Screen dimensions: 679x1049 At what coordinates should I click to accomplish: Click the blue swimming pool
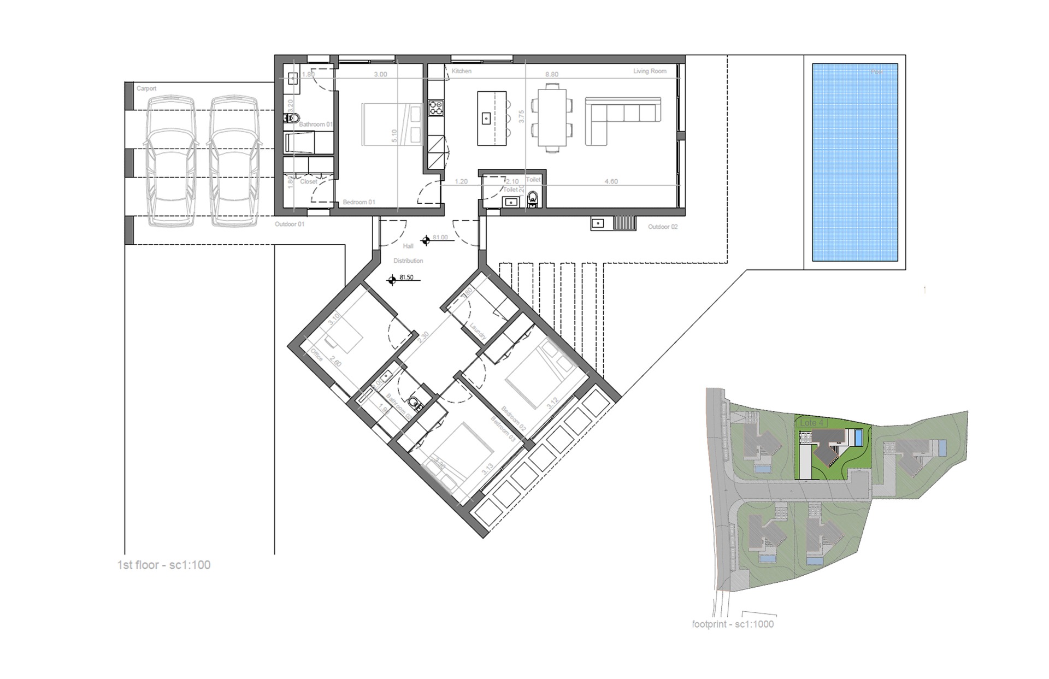(x=854, y=162)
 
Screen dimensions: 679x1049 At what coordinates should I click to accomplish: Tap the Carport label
(x=146, y=88)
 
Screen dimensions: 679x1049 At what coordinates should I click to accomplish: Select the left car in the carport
(x=171, y=161)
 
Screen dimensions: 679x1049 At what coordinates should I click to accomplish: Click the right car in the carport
(x=234, y=161)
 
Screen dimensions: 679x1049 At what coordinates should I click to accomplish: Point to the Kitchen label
(x=462, y=71)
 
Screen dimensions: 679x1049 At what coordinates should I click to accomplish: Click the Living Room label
(x=650, y=71)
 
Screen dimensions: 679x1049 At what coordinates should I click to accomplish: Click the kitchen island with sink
(x=492, y=118)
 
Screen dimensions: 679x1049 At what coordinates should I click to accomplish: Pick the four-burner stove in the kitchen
(x=436, y=107)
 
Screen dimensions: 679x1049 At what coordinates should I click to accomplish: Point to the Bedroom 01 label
(x=359, y=202)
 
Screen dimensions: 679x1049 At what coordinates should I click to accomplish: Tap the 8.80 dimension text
(x=552, y=74)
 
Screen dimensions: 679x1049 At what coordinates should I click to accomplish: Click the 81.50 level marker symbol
(x=391, y=280)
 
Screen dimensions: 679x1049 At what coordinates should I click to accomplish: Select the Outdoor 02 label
(x=663, y=227)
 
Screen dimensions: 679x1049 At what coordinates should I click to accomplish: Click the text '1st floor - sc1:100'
(x=164, y=565)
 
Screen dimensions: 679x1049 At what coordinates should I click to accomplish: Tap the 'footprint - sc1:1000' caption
(x=733, y=624)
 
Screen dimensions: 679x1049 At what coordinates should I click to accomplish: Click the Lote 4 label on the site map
(x=811, y=423)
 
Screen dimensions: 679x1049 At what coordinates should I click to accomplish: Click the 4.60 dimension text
(x=611, y=181)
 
